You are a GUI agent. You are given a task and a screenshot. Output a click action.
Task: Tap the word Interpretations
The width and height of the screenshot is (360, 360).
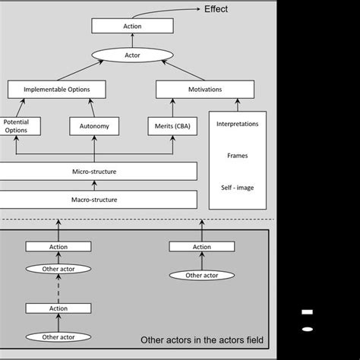click(x=237, y=123)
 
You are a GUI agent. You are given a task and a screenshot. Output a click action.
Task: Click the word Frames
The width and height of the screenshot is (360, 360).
click(x=237, y=155)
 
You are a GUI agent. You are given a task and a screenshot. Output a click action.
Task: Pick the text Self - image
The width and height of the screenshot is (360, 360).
click(x=237, y=187)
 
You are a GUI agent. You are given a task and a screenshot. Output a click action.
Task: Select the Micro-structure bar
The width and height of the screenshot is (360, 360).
click(x=99, y=172)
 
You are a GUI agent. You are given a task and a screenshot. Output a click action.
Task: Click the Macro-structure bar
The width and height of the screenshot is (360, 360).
click(x=99, y=200)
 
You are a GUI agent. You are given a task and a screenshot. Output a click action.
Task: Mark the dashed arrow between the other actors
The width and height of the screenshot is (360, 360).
click(x=58, y=288)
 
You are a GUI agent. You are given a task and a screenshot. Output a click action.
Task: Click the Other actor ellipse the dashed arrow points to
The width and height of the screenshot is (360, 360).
click(x=58, y=268)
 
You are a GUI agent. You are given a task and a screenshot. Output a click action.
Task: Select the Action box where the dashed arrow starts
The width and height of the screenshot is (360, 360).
click(x=58, y=308)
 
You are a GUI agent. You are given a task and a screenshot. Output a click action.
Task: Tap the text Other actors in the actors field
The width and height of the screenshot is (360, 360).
click(x=202, y=339)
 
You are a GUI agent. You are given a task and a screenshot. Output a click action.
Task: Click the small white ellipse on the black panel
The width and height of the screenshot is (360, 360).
click(x=307, y=329)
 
